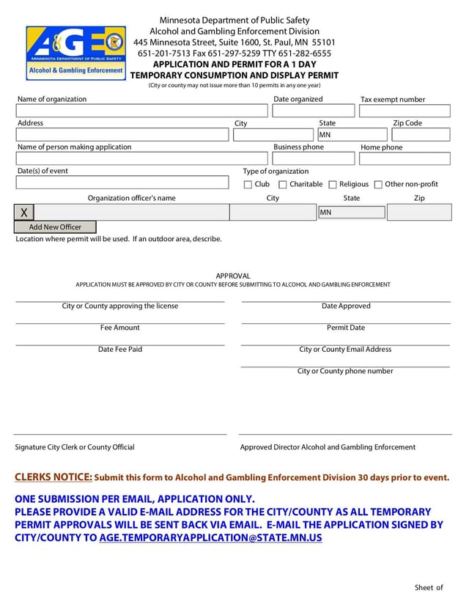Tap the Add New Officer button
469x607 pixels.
click(x=55, y=227)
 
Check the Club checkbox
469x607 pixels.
click(x=248, y=185)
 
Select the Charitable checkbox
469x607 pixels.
click(x=282, y=185)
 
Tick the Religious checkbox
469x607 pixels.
click(x=333, y=185)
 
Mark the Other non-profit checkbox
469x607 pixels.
click(x=378, y=185)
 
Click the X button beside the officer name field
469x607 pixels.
click(x=23, y=213)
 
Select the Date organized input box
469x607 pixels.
click(x=312, y=111)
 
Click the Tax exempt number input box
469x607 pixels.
click(x=405, y=111)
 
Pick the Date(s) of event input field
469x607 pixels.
click(x=122, y=183)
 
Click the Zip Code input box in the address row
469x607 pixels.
click(x=421, y=135)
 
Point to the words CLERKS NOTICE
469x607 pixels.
click(x=53, y=477)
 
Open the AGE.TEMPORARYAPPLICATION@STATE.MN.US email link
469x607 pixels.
click(x=210, y=537)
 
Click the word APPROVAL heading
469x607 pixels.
click(x=233, y=276)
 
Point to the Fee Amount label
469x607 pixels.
click(x=120, y=328)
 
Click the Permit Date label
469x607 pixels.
click(x=346, y=328)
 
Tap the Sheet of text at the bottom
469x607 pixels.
click(x=429, y=587)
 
